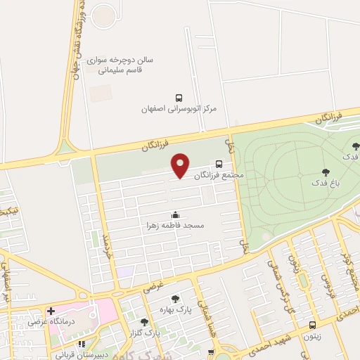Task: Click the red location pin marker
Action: (181, 165)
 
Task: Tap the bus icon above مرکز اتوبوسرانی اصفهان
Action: (179, 98)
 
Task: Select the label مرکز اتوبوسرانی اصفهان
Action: (179, 110)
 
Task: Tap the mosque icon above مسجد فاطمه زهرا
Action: (175, 214)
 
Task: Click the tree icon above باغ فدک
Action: (326, 172)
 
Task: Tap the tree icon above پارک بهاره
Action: (175, 299)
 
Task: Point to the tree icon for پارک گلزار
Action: (145, 322)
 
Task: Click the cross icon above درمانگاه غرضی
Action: (51, 311)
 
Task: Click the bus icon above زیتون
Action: (312, 325)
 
